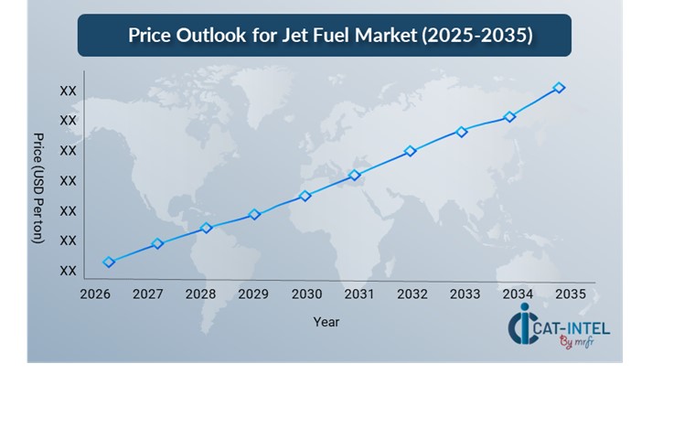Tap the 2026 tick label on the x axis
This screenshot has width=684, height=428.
pos(95,294)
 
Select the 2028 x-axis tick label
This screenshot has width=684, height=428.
pos(200,294)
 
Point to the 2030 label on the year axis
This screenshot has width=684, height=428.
pos(306,294)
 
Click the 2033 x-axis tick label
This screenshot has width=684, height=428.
pos(465,294)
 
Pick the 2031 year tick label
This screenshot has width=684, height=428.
pos(359,294)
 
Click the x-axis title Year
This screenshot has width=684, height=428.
pos(326,322)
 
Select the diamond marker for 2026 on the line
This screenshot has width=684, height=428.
pos(109,262)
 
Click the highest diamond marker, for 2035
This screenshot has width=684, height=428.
pos(559,88)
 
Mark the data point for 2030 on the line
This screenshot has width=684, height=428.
pos(305,196)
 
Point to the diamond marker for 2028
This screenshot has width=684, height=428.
pos(207,228)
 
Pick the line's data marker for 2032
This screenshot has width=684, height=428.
pos(411,151)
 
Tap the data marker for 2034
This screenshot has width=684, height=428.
pos(510,117)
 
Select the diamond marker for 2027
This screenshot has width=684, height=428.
pos(157,243)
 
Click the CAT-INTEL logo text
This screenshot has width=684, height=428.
pos(573,327)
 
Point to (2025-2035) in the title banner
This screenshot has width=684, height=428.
pos(477,36)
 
